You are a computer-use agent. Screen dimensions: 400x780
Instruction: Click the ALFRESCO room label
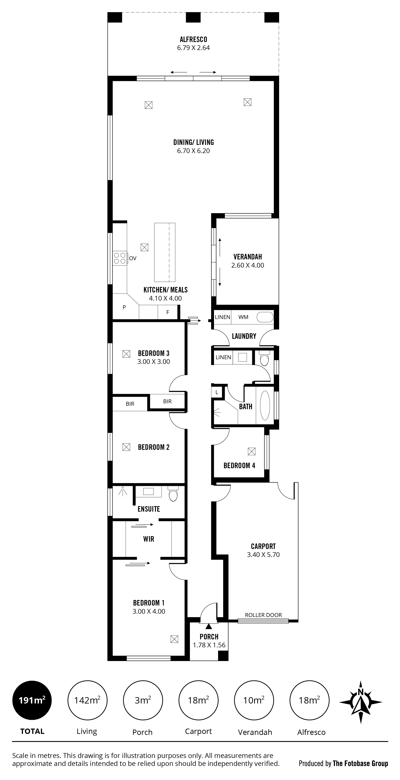193,39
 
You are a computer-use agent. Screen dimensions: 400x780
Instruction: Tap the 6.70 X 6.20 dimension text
193,151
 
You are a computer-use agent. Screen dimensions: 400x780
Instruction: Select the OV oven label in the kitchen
133,258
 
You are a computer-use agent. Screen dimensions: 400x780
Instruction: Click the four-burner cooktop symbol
120,258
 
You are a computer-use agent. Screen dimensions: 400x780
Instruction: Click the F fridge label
168,312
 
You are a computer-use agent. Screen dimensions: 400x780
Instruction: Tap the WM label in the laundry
243,317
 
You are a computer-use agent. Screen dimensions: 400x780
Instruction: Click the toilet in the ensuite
173,494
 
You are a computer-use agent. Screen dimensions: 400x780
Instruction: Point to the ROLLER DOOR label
263,615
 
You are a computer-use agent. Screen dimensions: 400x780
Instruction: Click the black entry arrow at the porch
209,627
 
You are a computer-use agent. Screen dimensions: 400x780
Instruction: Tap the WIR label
148,539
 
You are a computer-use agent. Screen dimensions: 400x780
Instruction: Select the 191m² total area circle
32,700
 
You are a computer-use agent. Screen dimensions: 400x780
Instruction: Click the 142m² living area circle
87,700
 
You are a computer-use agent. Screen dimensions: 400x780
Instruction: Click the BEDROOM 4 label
239,465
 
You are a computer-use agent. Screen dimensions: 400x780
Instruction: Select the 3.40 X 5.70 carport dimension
263,555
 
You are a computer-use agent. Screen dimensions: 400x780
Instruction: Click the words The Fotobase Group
360,764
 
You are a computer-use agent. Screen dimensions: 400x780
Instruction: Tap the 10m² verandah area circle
254,700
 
